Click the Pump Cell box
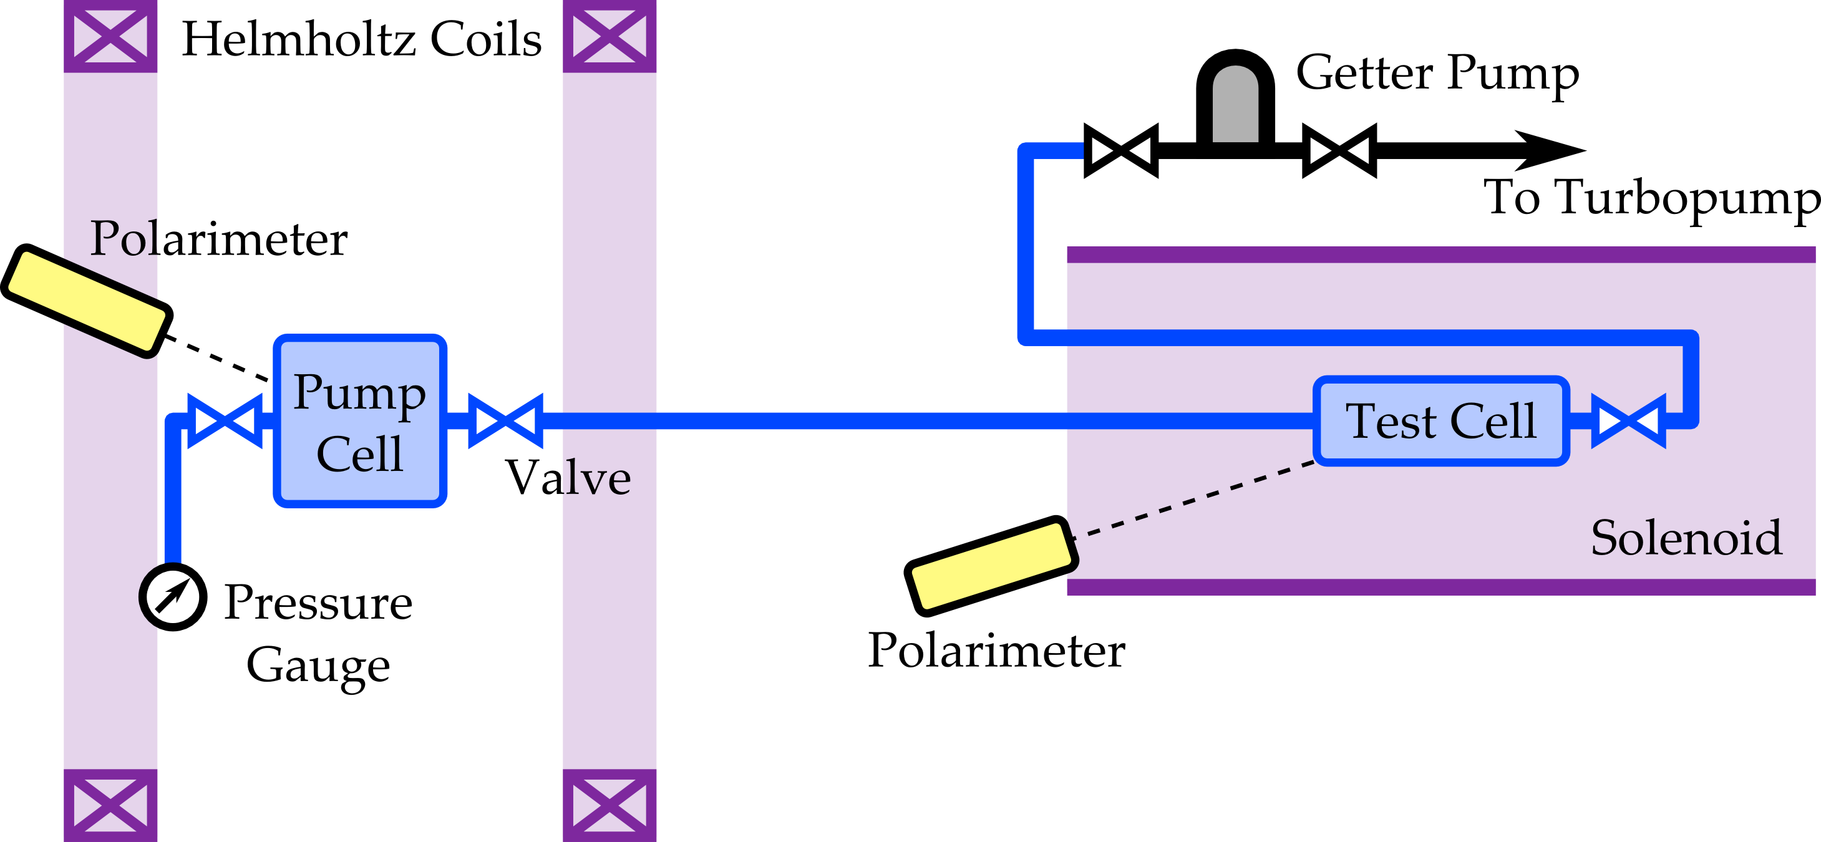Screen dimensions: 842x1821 [360, 420]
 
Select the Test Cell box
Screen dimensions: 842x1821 [1441, 420]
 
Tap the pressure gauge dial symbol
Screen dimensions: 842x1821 [173, 597]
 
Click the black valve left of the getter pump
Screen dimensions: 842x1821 [1121, 150]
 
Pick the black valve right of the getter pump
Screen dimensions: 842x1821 [1339, 150]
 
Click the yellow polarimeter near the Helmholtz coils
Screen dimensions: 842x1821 [86, 301]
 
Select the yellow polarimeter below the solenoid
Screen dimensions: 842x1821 [991, 566]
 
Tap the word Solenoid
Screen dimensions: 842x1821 [1686, 538]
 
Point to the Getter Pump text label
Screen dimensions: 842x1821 [1437, 73]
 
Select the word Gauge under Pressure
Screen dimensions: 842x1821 [318, 666]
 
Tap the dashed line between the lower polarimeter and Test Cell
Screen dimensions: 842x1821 [1195, 500]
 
